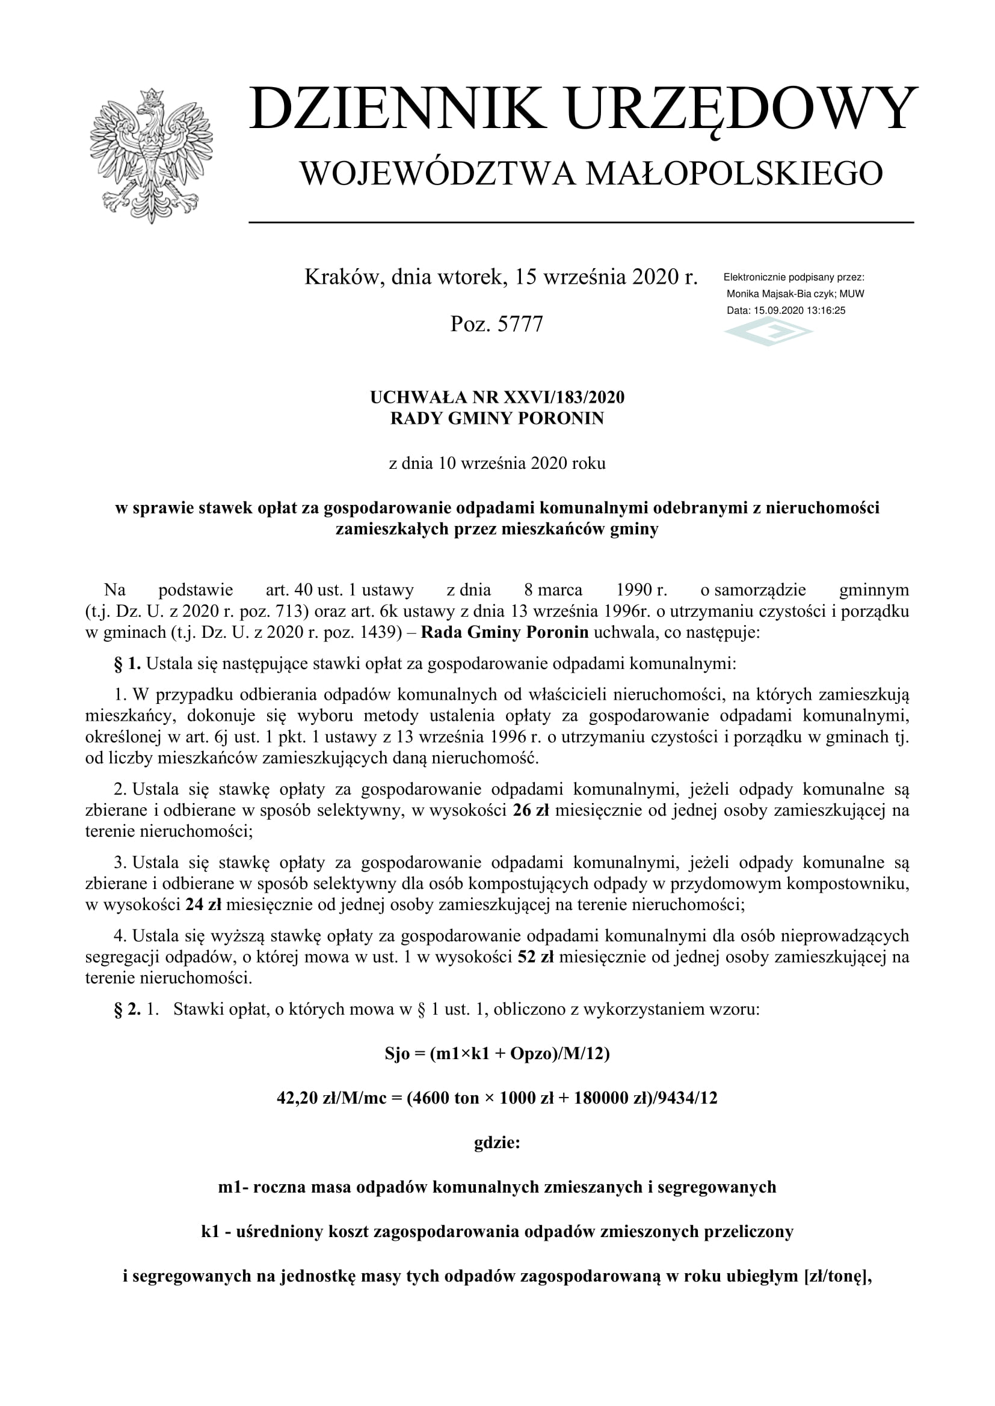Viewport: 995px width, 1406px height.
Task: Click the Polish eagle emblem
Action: (x=152, y=156)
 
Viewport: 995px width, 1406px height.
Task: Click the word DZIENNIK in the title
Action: (x=397, y=109)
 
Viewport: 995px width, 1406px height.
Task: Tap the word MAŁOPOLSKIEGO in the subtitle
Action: (x=734, y=173)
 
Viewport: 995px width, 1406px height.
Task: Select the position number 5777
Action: (x=520, y=324)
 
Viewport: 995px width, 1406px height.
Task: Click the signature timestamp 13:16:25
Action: (x=826, y=310)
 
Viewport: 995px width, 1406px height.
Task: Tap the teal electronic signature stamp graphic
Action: (x=768, y=333)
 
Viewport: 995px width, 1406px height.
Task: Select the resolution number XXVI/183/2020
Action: (x=564, y=397)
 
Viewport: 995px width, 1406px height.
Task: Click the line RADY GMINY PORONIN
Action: (x=497, y=418)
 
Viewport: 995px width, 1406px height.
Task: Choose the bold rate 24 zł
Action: (x=203, y=905)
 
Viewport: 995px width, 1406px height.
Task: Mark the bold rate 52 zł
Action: (x=535, y=956)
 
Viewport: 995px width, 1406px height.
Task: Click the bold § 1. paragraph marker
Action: (x=128, y=663)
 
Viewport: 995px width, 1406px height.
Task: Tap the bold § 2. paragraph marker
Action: (x=128, y=1009)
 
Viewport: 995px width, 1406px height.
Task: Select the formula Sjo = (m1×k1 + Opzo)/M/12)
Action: (x=497, y=1053)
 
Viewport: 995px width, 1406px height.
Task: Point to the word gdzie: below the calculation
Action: (x=497, y=1143)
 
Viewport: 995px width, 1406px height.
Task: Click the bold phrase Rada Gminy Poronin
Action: (x=504, y=632)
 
